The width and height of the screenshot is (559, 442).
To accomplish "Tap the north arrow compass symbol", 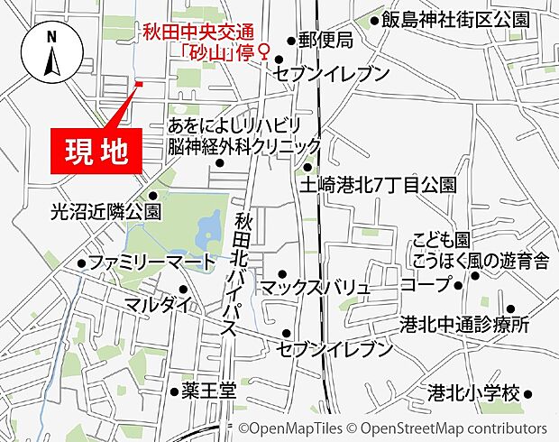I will pos(51,55).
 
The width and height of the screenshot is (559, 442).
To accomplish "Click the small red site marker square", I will pos(139,85).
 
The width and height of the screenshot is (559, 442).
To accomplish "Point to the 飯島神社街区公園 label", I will pos(454,19).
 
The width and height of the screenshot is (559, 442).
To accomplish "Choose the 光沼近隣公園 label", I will pos(105,211).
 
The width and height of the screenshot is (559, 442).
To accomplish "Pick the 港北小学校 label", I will pos(474,393).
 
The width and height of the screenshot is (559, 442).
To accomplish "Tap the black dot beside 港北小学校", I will pos(528,394).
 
